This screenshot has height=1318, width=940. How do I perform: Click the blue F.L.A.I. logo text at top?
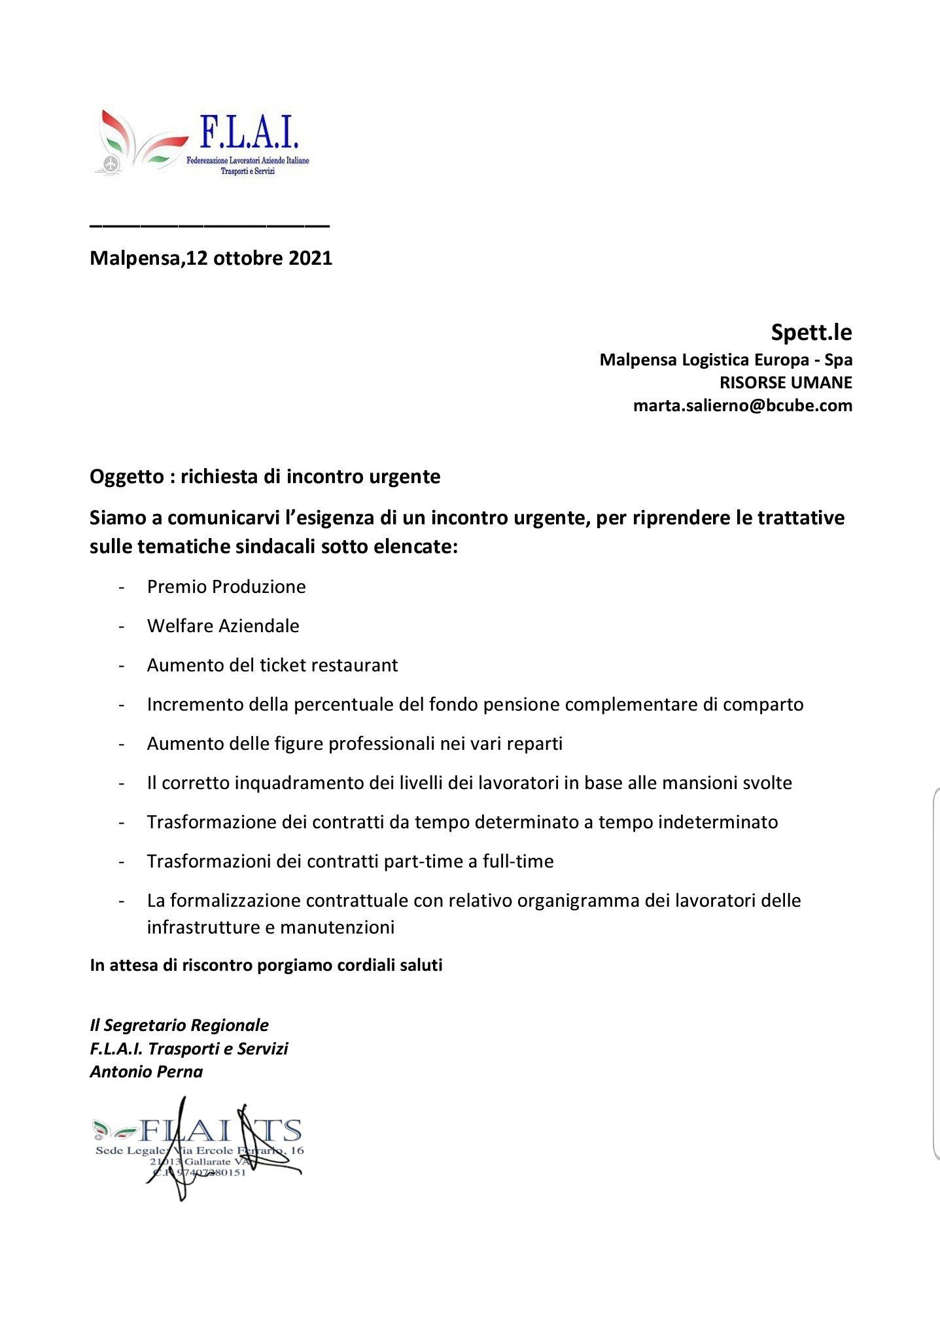pos(249,133)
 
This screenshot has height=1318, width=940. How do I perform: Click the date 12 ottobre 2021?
pos(259,258)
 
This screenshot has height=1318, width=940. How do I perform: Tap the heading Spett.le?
pos(811,333)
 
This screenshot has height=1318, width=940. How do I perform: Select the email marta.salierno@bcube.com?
pos(742,405)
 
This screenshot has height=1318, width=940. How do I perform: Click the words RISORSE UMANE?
pos(786,382)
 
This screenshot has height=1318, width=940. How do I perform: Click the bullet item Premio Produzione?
pos(226,586)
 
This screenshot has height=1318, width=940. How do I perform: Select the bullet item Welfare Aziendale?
pos(223,626)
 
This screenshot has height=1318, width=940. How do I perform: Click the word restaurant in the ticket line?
pos(353,665)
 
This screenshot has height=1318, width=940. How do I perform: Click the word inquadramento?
pos(297,783)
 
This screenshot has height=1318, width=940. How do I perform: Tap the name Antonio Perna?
pos(147,1072)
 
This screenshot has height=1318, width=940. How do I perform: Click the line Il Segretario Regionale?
pos(179,1025)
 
